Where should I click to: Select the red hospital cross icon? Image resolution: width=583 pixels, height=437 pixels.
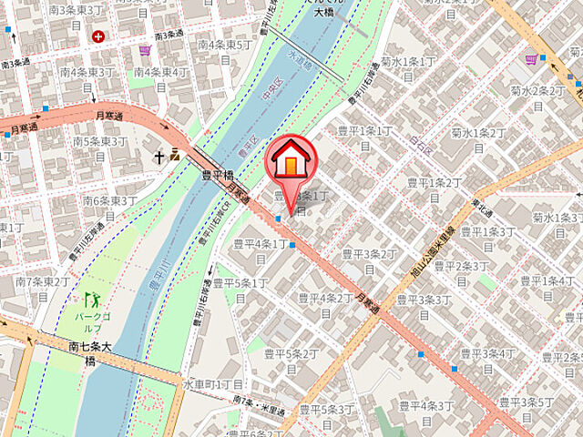(97, 36)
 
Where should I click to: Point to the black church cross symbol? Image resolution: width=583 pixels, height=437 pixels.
(159, 157)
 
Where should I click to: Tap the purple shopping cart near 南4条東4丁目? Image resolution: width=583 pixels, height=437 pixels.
(145, 49)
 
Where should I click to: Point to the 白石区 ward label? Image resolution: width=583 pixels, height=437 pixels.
(418, 144)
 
